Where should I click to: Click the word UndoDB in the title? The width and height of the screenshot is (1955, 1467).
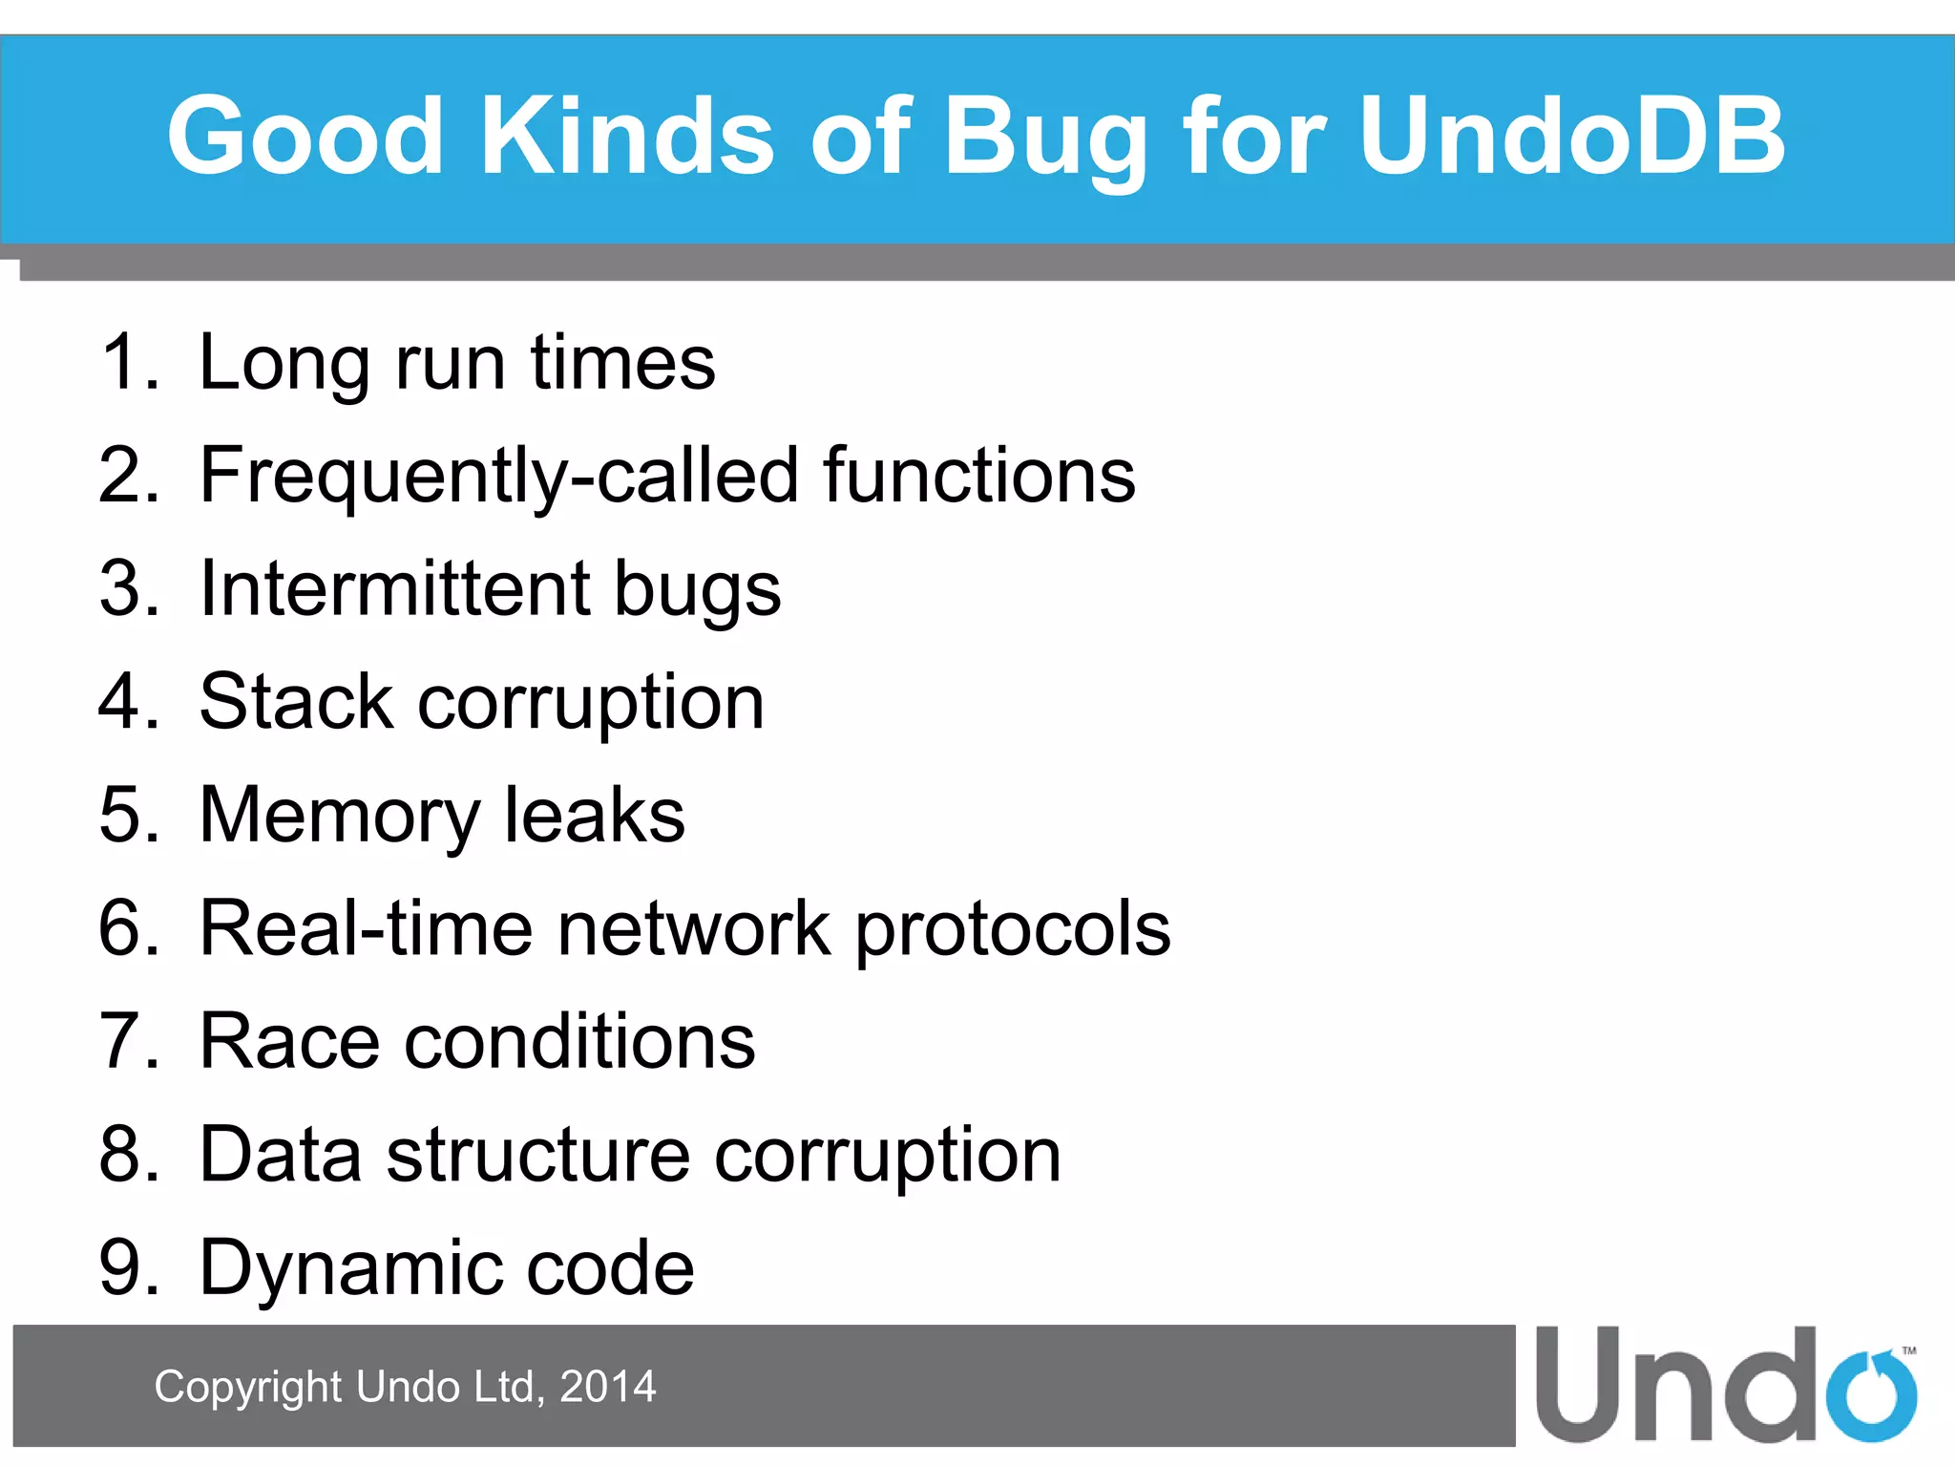click(1571, 136)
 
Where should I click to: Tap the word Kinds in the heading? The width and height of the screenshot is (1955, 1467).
click(627, 136)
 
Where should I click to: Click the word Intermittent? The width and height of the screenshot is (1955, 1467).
click(393, 588)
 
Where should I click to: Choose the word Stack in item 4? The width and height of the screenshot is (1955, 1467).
click(296, 702)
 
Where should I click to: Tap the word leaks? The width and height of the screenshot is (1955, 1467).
click(594, 815)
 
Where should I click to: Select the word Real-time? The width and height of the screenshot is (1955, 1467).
click(366, 927)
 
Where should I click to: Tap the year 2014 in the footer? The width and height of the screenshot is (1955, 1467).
click(607, 1387)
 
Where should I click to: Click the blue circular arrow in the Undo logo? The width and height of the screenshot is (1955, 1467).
click(1872, 1395)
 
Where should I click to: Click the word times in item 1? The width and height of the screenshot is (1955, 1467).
click(622, 362)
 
